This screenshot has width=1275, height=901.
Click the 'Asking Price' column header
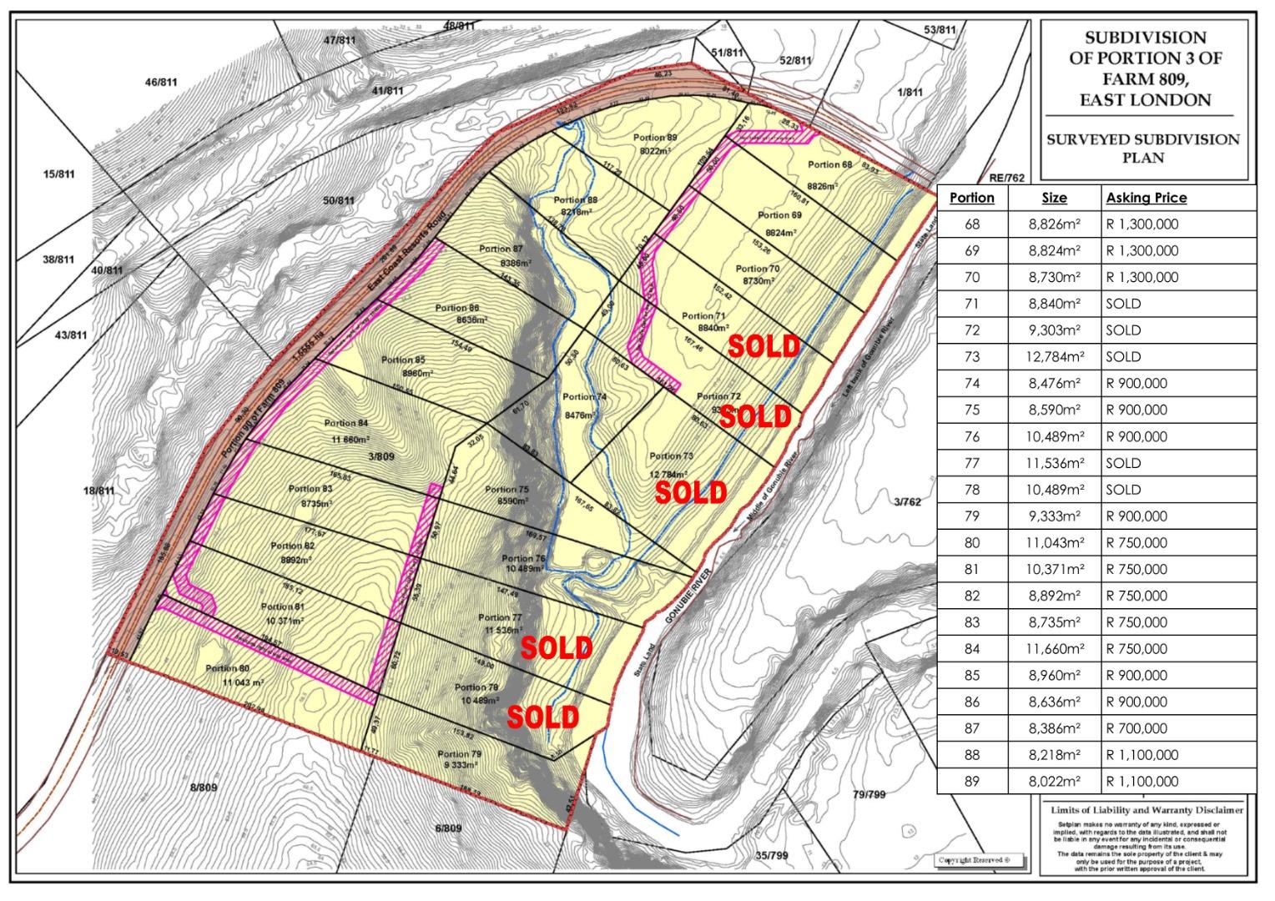(1146, 198)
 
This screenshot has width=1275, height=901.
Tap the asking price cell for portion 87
(1136, 729)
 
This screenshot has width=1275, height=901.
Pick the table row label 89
(972, 783)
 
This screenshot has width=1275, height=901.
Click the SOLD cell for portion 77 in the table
(1123, 464)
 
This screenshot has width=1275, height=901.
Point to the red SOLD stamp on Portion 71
(763, 346)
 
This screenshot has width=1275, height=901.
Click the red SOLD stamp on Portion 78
(542, 717)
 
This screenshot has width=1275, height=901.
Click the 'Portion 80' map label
(228, 668)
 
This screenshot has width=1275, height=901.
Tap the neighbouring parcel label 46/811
(161, 82)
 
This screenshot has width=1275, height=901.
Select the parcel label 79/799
(869, 794)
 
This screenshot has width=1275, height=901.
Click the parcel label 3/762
(907, 501)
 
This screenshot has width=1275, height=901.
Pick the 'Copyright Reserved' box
(974, 861)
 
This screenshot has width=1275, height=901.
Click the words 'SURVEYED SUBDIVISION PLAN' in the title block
(1143, 148)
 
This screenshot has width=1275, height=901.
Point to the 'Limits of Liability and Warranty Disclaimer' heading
(1146, 810)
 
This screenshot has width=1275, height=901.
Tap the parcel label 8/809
(203, 788)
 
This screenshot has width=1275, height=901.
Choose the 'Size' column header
(1054, 198)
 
